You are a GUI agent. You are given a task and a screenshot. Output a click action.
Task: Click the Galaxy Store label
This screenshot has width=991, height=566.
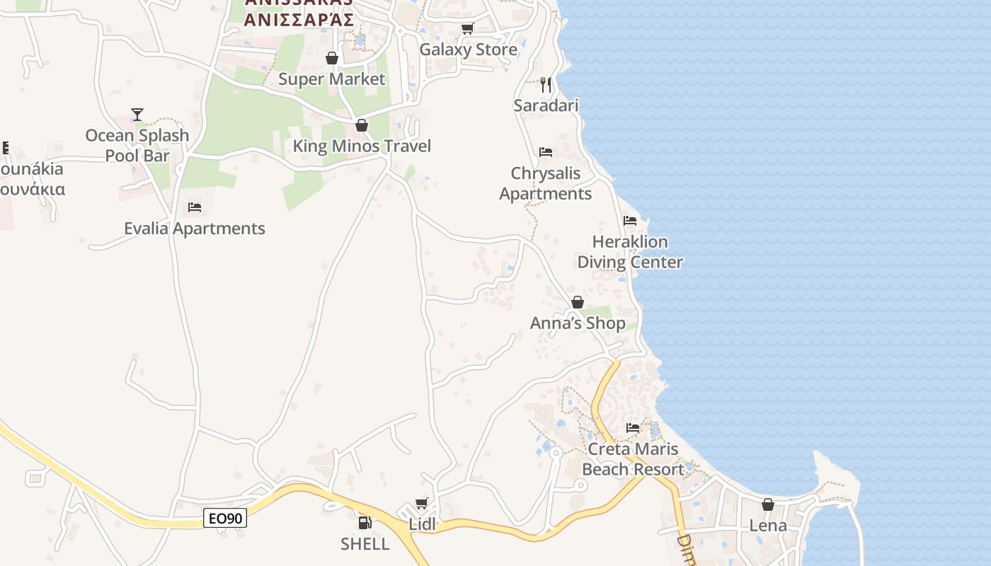click(x=468, y=50)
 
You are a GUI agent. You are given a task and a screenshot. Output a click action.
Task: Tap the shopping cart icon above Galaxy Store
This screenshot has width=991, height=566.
click(x=467, y=29)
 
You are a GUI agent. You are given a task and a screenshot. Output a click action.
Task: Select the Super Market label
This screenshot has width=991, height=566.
click(x=331, y=79)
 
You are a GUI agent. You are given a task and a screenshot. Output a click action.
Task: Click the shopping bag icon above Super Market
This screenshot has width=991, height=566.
click(x=331, y=58)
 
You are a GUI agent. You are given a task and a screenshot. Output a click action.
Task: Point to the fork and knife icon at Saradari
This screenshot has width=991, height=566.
click(x=546, y=85)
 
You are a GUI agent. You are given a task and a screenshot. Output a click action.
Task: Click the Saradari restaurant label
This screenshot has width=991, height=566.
click(x=546, y=105)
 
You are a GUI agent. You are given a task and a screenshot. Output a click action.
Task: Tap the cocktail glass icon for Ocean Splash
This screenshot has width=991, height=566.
click(x=137, y=115)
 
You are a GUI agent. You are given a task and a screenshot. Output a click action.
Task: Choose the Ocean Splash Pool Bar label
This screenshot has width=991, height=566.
click(x=137, y=145)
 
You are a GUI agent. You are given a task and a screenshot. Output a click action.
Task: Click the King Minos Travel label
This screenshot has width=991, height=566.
click(x=362, y=146)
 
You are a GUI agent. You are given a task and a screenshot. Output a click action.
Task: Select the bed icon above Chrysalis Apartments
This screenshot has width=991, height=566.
click(x=546, y=152)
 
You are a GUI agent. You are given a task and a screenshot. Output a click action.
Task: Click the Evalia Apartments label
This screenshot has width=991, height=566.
click(x=195, y=229)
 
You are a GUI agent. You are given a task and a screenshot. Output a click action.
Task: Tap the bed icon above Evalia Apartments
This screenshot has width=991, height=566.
click(x=195, y=207)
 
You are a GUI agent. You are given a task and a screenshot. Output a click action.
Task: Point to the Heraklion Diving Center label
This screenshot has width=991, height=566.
click(x=630, y=252)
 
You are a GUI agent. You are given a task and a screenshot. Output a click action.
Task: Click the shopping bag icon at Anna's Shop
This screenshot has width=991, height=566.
click(x=578, y=303)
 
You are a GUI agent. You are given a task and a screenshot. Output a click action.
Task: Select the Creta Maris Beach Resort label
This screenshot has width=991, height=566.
click(x=633, y=459)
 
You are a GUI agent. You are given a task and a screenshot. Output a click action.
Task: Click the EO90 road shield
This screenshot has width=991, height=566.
click(x=225, y=519)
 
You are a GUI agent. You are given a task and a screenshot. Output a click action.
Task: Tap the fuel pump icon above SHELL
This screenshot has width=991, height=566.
click(x=365, y=524)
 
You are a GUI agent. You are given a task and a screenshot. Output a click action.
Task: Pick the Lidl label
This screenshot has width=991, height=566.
click(x=422, y=525)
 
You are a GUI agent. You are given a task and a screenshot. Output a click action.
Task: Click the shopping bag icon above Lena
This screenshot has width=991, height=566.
click(x=768, y=505)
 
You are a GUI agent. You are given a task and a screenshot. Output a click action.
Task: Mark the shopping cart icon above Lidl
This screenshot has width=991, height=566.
click(x=422, y=504)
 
